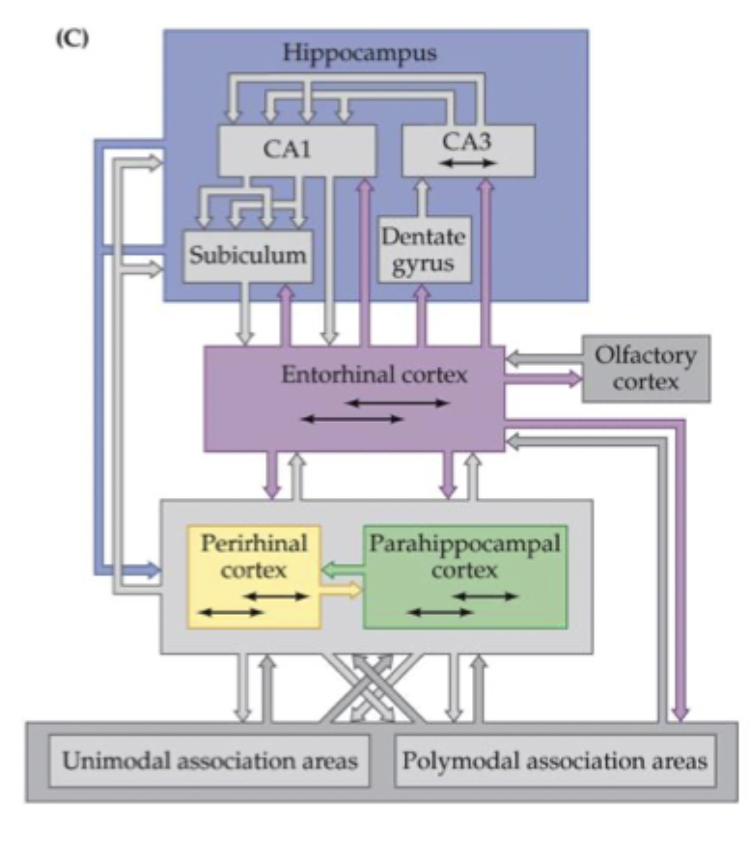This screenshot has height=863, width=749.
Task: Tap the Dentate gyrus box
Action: (x=423, y=249)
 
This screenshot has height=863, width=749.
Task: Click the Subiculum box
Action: (x=248, y=256)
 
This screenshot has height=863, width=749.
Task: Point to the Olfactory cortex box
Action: (x=645, y=368)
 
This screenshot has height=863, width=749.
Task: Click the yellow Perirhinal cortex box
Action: (x=254, y=577)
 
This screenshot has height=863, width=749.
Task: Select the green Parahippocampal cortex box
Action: (x=464, y=576)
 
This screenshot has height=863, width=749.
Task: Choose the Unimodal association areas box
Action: (x=209, y=760)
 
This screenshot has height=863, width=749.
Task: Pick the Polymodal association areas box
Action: (x=554, y=760)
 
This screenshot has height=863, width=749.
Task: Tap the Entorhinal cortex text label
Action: (x=374, y=375)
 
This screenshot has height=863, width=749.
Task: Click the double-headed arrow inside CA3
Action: (x=467, y=163)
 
